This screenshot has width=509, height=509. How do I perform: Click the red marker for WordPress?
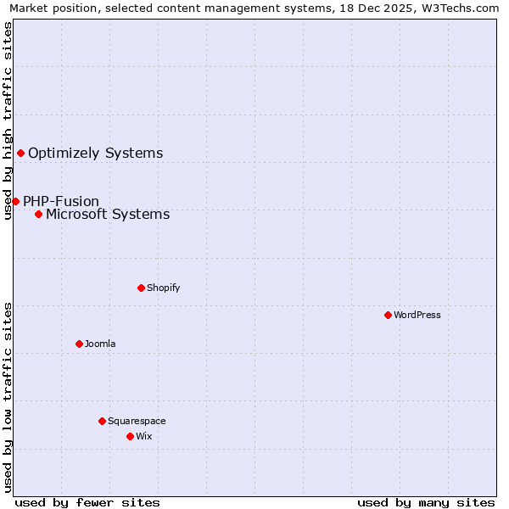pos(388,315)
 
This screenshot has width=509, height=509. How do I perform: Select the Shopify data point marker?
pos(141,288)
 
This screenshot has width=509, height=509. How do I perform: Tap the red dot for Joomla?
pos(79,344)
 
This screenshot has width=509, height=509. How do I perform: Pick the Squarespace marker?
pos(102,421)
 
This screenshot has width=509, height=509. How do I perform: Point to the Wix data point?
pos(130,436)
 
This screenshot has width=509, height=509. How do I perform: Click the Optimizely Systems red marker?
pos(20,153)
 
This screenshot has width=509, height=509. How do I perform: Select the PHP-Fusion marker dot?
pos(15,201)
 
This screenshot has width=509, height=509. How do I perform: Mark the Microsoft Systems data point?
pos(38,214)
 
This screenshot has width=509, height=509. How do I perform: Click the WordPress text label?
pos(417,315)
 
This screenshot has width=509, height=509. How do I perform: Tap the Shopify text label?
pos(164,288)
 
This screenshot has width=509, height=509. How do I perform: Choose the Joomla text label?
pos(100,344)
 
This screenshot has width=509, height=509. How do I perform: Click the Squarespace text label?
pos(137,421)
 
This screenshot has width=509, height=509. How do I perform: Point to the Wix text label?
pos(143,436)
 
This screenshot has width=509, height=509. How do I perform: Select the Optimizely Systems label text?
pos(96,153)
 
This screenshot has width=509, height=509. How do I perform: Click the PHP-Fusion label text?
pos(61,201)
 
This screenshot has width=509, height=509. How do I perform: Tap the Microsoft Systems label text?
pos(108,214)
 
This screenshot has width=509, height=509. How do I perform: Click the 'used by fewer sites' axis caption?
pos(87,502)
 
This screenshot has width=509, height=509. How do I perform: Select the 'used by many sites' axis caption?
pos(426,502)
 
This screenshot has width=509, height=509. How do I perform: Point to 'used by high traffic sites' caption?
pos(8,120)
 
